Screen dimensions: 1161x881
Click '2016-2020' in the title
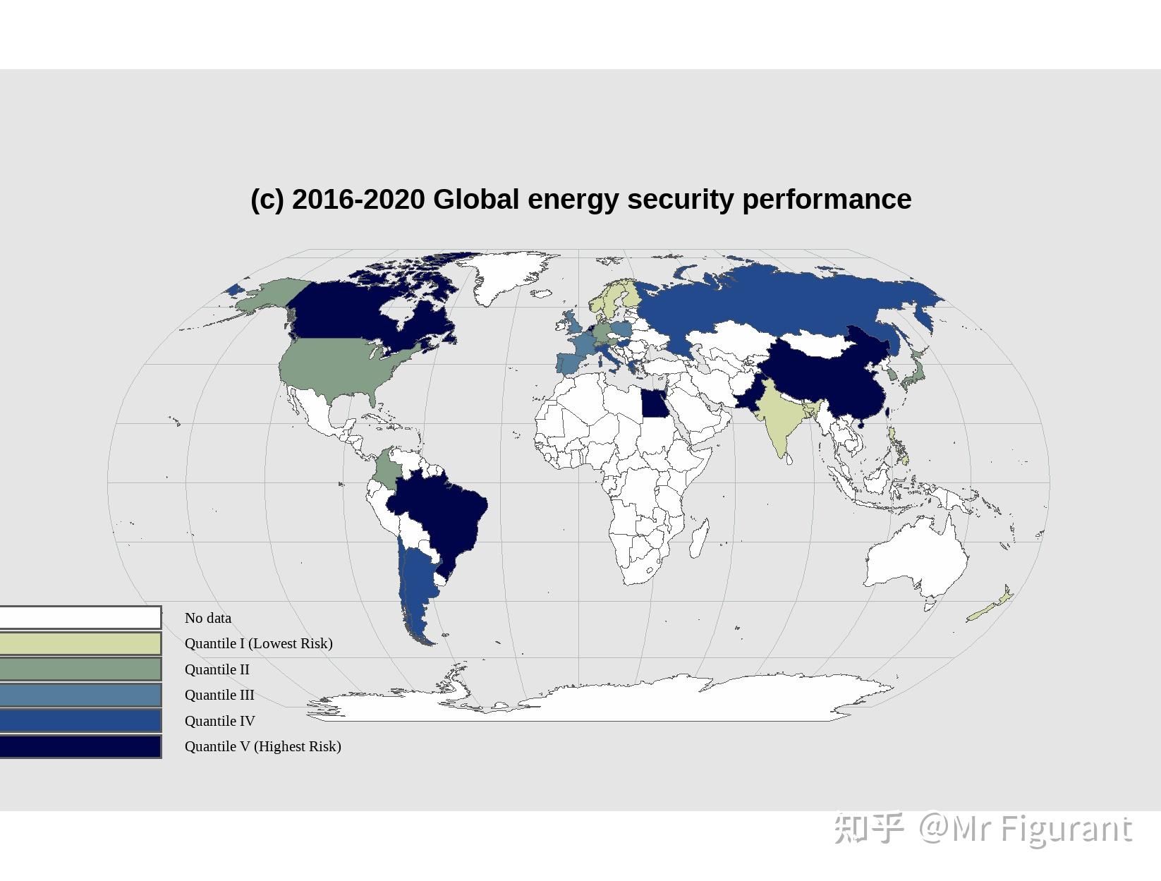coord(358,200)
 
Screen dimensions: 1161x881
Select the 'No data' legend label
coord(208,618)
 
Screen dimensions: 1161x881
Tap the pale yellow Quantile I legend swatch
coord(80,643)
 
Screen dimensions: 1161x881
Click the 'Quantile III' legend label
coord(219,695)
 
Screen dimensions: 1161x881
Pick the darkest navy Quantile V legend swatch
coord(80,747)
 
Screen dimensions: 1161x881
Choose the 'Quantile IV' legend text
coord(219,721)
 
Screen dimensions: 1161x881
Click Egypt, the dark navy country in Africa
coord(653,403)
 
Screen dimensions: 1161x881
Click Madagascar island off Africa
coord(699,537)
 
